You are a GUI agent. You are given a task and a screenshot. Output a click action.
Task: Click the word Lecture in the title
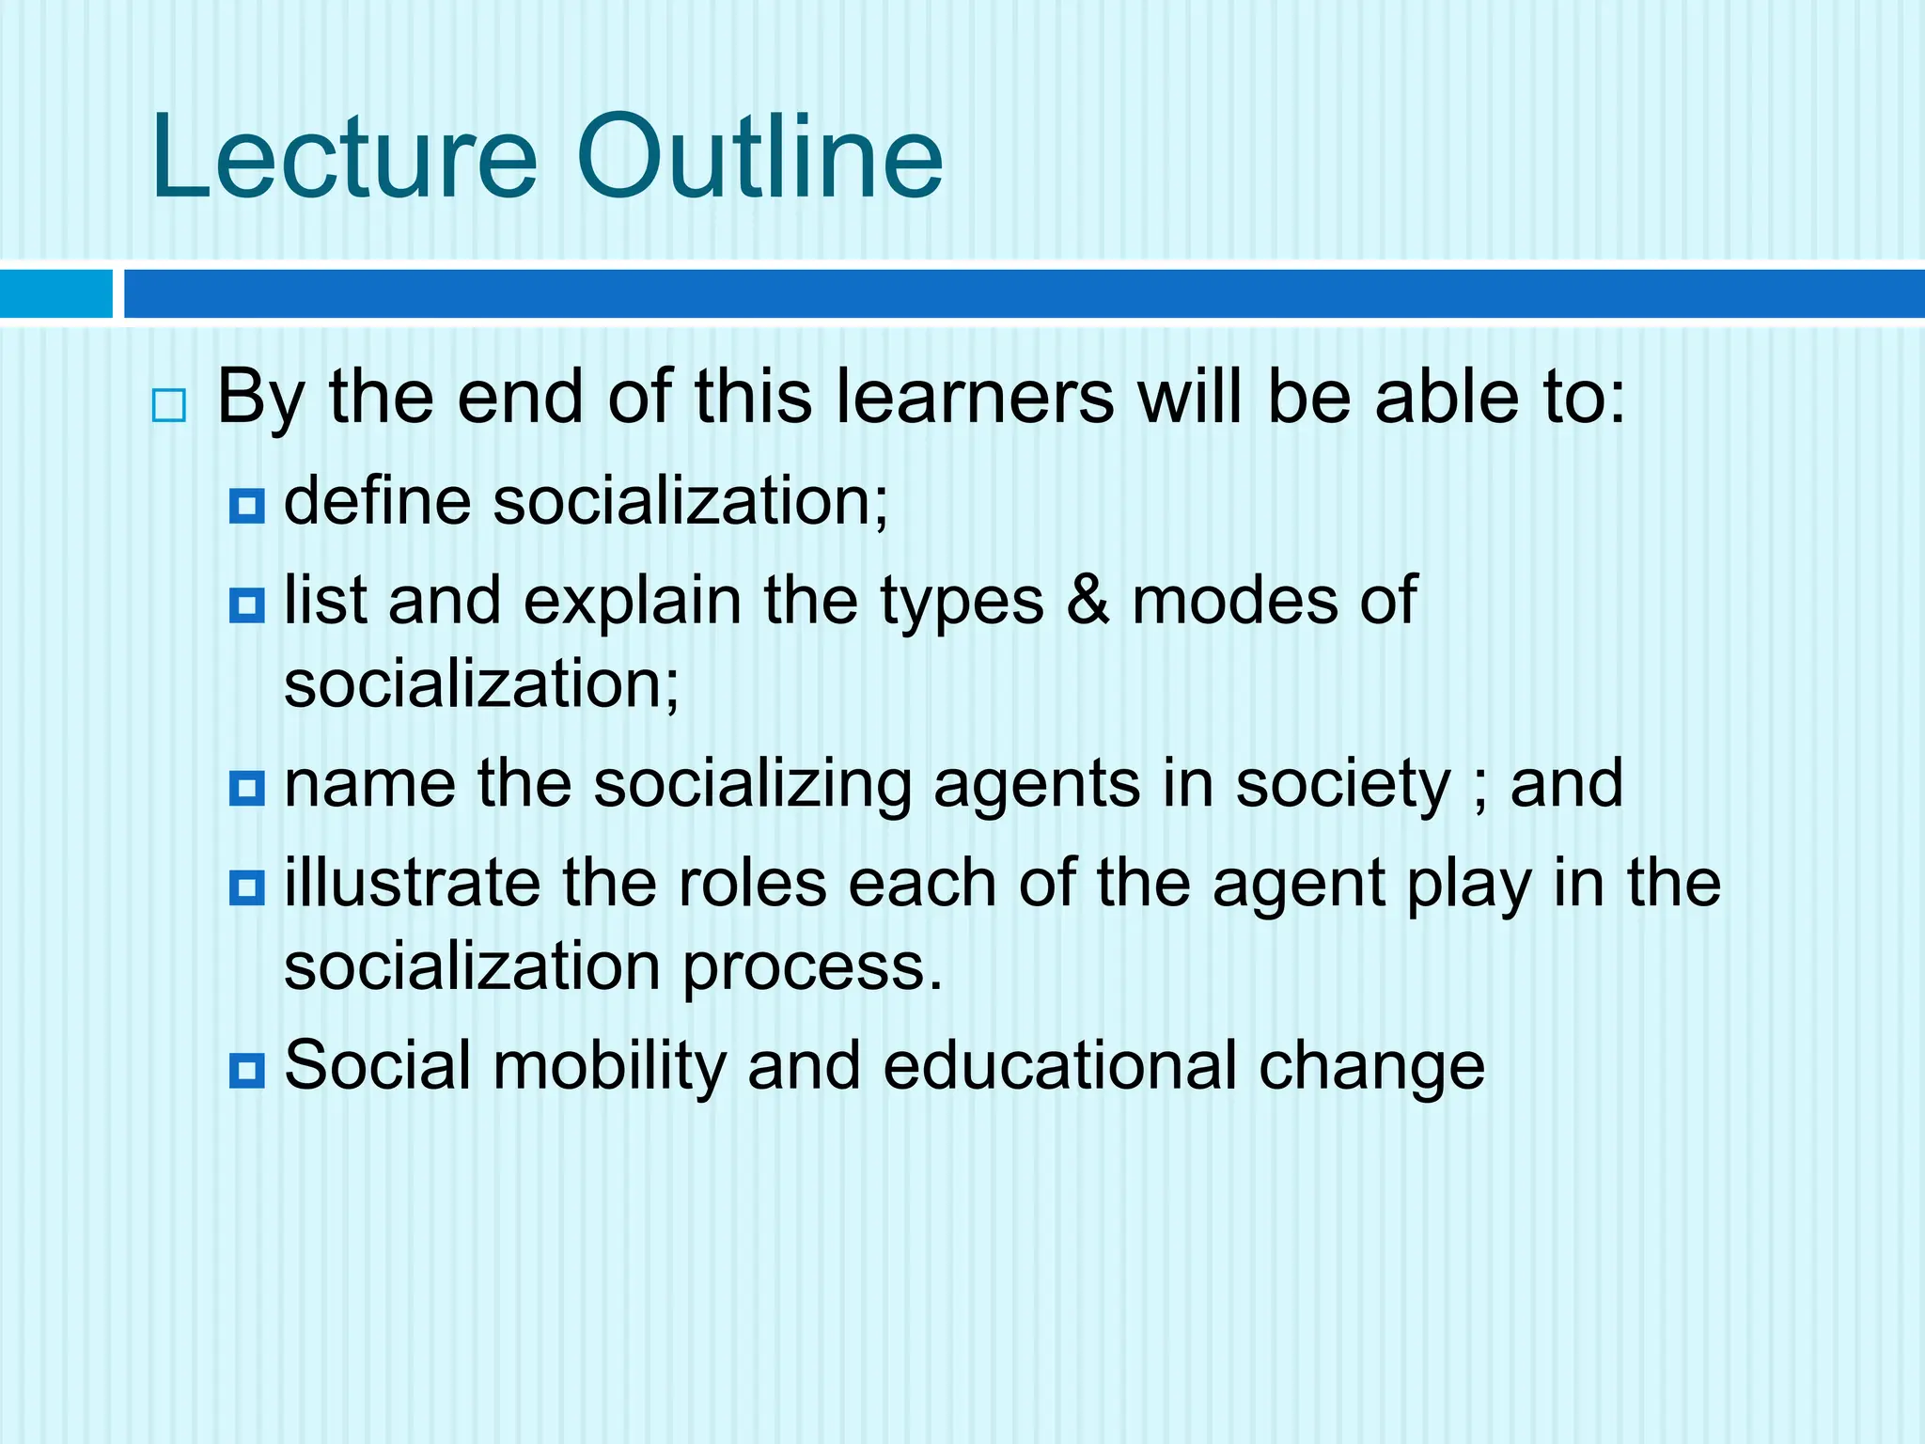344,157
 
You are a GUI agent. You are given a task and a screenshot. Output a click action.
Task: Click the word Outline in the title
759,157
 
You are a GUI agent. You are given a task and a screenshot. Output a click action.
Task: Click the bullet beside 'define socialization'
247,507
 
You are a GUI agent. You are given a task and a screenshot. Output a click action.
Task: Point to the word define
377,500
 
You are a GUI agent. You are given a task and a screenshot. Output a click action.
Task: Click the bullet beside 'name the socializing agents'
247,788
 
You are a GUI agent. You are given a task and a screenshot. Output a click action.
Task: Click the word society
1343,786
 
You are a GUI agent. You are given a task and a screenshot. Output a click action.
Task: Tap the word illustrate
412,883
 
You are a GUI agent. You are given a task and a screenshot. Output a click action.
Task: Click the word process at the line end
810,968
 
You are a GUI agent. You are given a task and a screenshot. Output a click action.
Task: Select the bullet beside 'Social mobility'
247,1070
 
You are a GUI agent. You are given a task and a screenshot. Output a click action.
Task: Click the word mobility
609,1065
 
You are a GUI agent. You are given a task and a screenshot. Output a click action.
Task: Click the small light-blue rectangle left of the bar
55,293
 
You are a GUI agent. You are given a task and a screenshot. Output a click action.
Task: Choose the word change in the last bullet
1371,1067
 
